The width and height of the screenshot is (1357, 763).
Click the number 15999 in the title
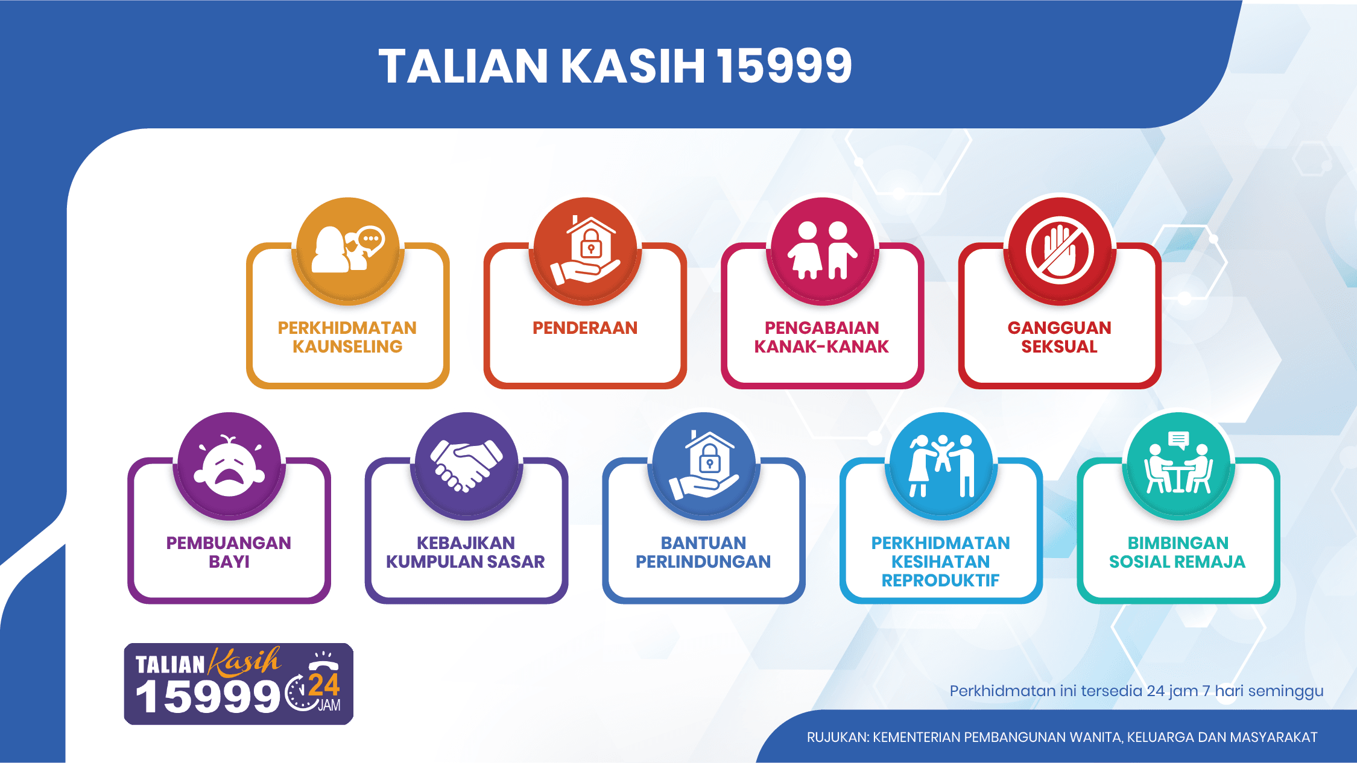pos(784,66)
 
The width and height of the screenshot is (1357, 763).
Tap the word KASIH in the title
pos(633,66)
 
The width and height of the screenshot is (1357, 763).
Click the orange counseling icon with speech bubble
pos(348,250)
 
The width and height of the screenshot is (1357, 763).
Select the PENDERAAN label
pos(584,328)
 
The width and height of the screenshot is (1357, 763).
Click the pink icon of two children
pos(822,250)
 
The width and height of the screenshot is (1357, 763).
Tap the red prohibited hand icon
pos(1060,250)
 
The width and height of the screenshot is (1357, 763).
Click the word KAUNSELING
pos(347,347)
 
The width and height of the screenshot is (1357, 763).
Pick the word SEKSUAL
pos(1059,347)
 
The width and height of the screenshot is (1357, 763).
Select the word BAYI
pos(229,562)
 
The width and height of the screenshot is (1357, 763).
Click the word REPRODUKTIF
pos(940,580)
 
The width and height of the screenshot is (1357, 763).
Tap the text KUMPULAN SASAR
pos(465,562)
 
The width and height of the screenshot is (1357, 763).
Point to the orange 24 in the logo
pos(324,686)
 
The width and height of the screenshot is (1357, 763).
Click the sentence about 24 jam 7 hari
pos(1136,691)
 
